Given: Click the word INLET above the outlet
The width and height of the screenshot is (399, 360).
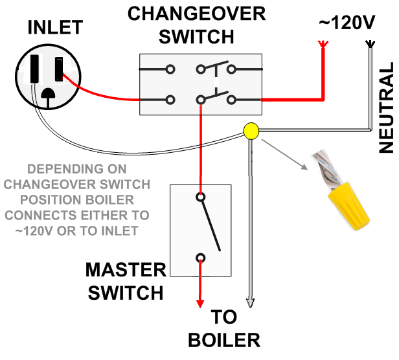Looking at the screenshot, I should pyautogui.click(x=54, y=28).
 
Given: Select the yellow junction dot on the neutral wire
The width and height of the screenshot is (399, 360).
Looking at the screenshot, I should pyautogui.click(x=250, y=131).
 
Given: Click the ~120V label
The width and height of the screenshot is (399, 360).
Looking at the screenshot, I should pyautogui.click(x=347, y=23).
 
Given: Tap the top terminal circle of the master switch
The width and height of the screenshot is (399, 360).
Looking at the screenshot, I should pyautogui.click(x=201, y=196).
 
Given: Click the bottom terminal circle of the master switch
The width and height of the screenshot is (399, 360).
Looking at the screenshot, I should pyautogui.click(x=201, y=258).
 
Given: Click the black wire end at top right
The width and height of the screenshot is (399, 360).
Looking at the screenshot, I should pyautogui.click(x=369, y=45).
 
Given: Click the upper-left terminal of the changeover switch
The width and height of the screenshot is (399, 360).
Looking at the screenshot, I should pyautogui.click(x=170, y=69).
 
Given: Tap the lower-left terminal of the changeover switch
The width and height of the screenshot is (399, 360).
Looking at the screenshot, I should pyautogui.click(x=170, y=100).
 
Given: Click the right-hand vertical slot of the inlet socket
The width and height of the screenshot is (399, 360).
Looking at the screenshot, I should pyautogui.click(x=60, y=68).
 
